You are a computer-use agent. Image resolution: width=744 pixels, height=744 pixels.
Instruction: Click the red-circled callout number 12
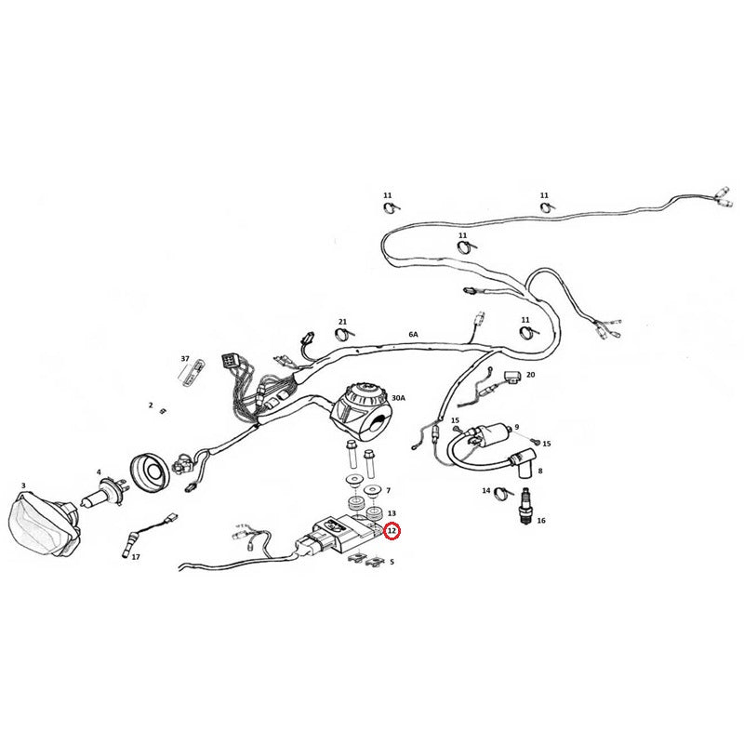[x=392, y=531]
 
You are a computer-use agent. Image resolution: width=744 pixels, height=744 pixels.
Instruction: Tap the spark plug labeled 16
[x=525, y=506]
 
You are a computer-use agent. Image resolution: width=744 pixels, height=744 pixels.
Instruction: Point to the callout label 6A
[x=413, y=334]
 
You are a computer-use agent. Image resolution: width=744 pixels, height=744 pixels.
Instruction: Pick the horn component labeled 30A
[x=363, y=413]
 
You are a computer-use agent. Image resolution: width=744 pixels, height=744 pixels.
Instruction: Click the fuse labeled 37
[x=192, y=373]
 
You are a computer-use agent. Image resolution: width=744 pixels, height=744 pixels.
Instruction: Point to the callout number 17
[x=136, y=556]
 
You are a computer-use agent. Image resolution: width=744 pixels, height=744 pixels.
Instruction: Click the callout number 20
[x=530, y=375]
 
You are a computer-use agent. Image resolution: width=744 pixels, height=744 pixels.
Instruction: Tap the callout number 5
[x=392, y=562]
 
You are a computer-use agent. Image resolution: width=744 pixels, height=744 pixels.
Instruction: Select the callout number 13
[x=392, y=513]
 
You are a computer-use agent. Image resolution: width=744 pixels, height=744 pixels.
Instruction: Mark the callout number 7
[x=388, y=490]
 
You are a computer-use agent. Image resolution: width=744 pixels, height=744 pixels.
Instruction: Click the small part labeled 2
[x=164, y=411]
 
